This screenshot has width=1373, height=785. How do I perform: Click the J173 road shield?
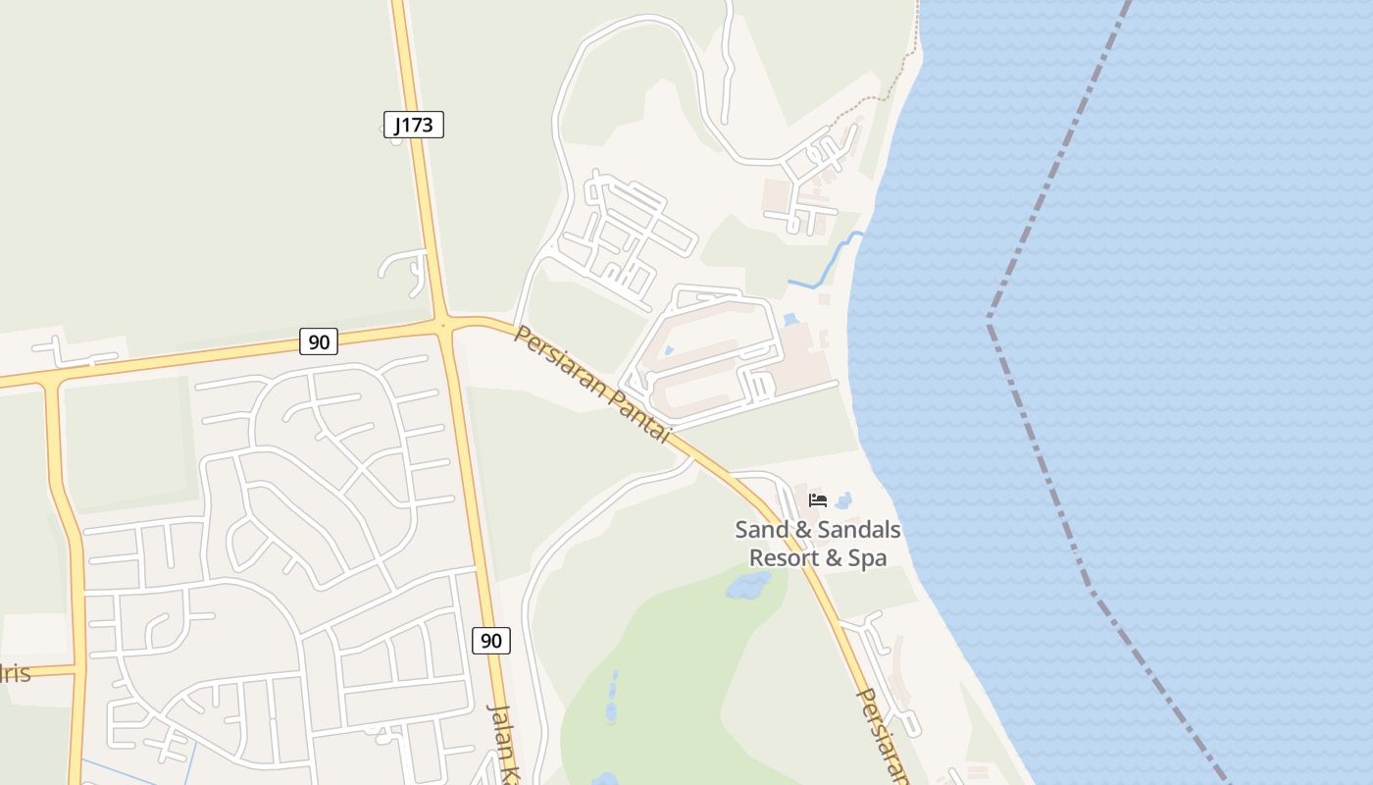click(414, 125)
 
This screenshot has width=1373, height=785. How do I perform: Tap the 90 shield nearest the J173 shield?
click(319, 341)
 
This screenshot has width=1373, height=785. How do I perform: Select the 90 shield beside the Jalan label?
click(491, 641)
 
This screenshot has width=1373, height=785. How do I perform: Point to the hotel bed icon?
click(818, 500)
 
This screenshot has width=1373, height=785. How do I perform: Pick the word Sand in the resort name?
click(762, 531)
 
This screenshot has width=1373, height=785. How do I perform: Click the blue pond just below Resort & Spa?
click(747, 587)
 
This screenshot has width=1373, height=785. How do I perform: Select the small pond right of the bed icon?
click(843, 500)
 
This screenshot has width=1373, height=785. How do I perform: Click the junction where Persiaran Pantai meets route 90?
click(444, 325)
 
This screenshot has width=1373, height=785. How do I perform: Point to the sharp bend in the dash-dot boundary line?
click(990, 320)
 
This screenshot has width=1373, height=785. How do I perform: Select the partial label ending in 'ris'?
click(16, 673)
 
